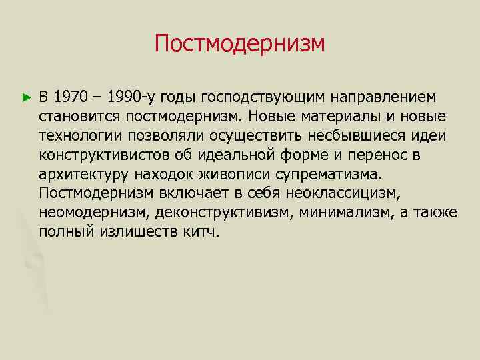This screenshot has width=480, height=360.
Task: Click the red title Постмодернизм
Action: click(240, 45)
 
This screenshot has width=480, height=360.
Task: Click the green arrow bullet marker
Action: click(27, 98)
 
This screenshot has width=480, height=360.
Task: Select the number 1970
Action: click(71, 98)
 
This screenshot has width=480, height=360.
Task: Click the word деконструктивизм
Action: click(217, 213)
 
